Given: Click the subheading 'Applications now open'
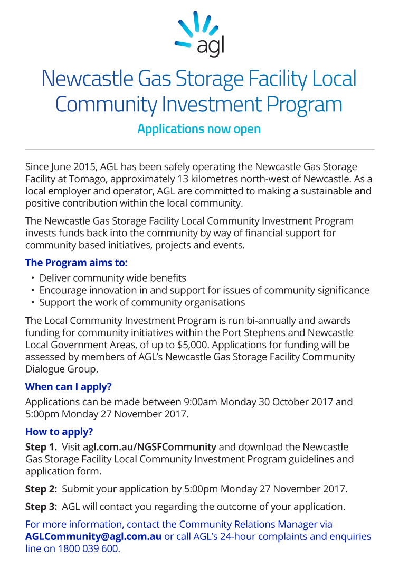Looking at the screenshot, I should coord(199,129).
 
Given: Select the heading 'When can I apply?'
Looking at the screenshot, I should coord(69,386).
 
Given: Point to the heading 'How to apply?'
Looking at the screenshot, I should coord(59,431).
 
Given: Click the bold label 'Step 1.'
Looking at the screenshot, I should coord(41,447).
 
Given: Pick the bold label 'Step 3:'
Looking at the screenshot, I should coord(41,507).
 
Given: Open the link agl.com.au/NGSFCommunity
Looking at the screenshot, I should coord(149,447).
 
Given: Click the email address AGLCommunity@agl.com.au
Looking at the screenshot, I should coord(93,537).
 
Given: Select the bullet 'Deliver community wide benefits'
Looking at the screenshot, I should coord(113,278).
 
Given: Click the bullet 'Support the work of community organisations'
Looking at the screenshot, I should coord(142,302).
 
